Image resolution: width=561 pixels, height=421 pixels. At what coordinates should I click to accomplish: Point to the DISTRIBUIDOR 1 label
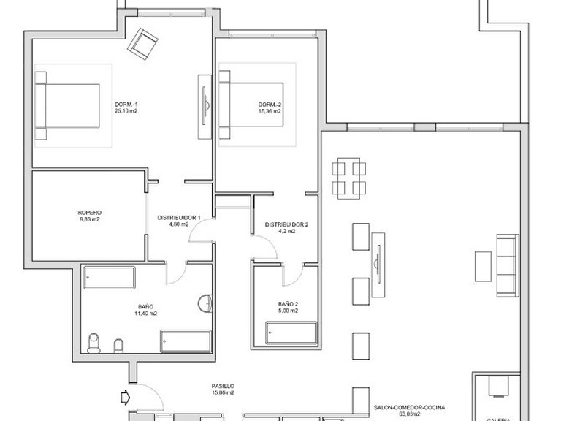(183, 217)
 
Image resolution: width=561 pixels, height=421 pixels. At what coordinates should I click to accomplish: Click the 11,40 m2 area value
(145, 314)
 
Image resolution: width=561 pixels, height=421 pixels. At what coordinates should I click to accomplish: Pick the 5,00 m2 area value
(288, 311)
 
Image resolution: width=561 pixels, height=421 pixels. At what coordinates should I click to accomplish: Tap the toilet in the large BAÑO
(93, 343)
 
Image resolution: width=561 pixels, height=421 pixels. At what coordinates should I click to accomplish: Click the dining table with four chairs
(348, 178)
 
